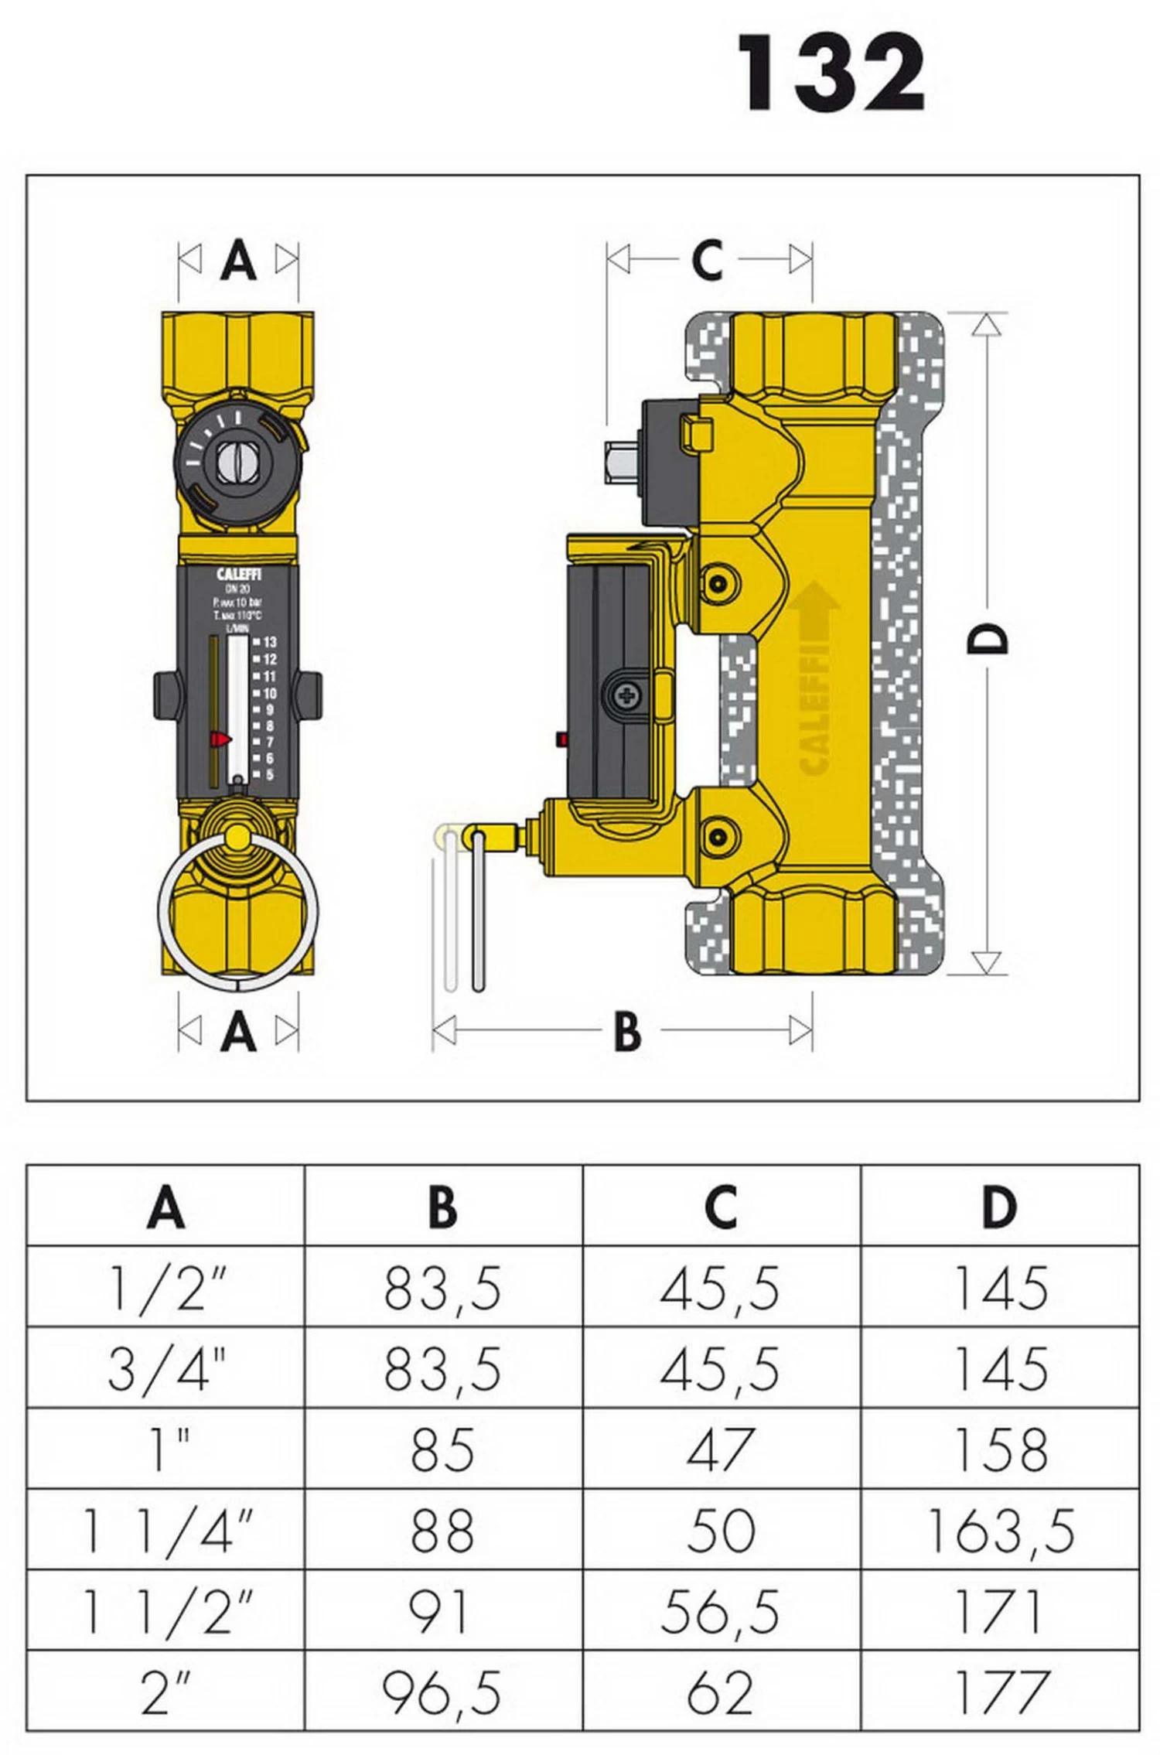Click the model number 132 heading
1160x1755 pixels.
pyautogui.click(x=831, y=75)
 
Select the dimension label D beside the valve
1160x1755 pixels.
pyautogui.click(x=988, y=640)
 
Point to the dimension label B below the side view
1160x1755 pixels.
pyautogui.click(x=627, y=1031)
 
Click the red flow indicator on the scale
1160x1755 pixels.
pyautogui.click(x=220, y=740)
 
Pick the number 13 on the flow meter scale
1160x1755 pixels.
pyautogui.click(x=270, y=642)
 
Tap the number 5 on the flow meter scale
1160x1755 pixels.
pyautogui.click(x=270, y=774)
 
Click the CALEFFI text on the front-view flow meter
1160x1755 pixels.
pyautogui.click(x=238, y=575)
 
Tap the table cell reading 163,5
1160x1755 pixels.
pyautogui.click(x=999, y=1530)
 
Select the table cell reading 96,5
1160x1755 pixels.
pyautogui.click(x=442, y=1692)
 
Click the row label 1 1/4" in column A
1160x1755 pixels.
pyautogui.click(x=165, y=1530)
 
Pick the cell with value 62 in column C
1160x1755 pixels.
pyautogui.click(x=721, y=1692)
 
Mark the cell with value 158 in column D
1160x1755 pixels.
pyautogui.click(x=999, y=1449)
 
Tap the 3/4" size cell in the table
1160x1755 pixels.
pyautogui.click(x=165, y=1368)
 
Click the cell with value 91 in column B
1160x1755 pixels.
pyautogui.click(x=442, y=1611)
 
